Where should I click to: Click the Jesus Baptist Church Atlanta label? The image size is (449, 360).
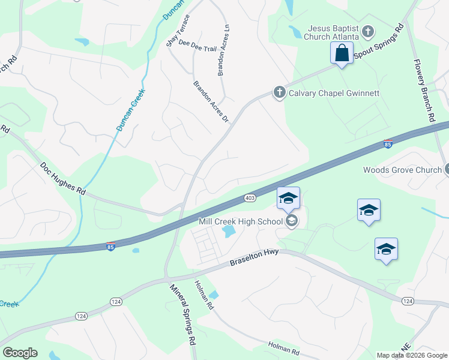(333, 32)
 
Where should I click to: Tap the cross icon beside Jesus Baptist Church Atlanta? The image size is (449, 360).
(369, 30)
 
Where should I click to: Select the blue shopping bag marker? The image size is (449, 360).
(342, 53)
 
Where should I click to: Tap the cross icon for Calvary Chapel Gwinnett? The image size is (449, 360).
(279, 92)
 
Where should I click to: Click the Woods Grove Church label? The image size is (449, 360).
(402, 170)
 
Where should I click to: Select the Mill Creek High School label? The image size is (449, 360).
(241, 221)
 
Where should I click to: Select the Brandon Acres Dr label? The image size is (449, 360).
(211, 101)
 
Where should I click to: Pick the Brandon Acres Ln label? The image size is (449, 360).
(223, 50)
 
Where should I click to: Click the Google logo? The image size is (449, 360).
(20, 353)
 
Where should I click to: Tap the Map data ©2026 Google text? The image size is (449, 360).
(412, 355)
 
